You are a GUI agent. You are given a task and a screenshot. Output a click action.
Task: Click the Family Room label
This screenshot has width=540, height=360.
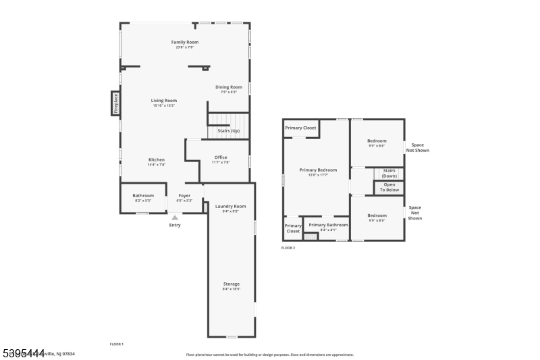(x=185, y=42)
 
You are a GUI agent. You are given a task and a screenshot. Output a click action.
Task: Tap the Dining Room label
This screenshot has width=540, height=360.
(x=229, y=87)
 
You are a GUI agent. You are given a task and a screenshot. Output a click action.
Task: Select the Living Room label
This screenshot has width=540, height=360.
(x=164, y=101)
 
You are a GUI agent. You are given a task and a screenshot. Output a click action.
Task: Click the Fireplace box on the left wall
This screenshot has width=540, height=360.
(x=115, y=103)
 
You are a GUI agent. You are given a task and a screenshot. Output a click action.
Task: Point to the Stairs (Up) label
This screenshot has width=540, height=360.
(x=228, y=130)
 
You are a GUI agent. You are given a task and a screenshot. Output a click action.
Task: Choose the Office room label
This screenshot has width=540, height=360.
(x=221, y=157)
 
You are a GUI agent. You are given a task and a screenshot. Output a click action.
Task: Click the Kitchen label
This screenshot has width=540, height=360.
(x=157, y=159)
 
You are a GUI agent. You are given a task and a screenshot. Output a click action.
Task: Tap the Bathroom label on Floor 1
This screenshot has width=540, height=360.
(x=143, y=196)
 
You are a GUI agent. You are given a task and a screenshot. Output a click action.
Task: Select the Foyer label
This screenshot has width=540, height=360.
(x=184, y=196)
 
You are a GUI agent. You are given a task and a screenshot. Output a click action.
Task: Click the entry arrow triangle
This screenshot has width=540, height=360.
(x=175, y=217)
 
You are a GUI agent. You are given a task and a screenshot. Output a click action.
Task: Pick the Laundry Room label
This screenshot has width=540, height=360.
(x=230, y=206)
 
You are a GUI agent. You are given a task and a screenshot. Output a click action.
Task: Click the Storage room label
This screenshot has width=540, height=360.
(x=232, y=284)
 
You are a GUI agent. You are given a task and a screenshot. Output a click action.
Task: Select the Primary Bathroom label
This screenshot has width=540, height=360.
(x=328, y=225)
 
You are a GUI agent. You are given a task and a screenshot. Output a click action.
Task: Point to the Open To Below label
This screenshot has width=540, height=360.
(x=389, y=187)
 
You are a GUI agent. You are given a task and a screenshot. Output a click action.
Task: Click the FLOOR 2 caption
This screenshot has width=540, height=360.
(x=288, y=248)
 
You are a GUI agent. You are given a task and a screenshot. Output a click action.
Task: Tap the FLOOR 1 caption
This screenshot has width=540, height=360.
(x=117, y=344)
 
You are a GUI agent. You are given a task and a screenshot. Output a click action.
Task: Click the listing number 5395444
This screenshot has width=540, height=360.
(x=24, y=353)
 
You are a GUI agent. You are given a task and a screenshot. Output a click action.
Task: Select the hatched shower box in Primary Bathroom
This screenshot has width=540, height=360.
(x=310, y=236)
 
